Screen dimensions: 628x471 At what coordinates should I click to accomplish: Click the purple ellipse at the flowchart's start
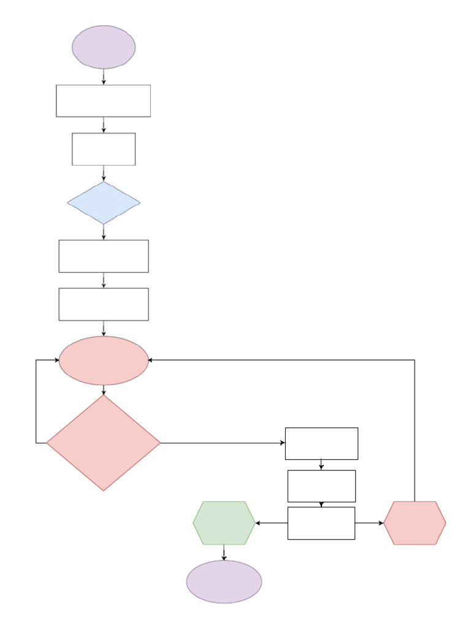pos(104,47)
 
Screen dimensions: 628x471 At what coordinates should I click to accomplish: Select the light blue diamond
pos(104,202)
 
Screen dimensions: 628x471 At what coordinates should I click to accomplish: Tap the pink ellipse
pos(104,361)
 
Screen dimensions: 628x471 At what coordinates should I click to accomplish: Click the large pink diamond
pos(104,443)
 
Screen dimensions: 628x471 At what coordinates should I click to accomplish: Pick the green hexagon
pos(224,523)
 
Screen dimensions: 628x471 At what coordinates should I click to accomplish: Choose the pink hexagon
pos(415,523)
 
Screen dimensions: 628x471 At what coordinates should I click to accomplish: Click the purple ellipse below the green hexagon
pos(224,581)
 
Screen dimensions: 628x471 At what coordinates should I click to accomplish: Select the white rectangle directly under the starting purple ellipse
pos(104,101)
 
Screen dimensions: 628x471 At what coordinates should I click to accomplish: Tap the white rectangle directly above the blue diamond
pos(104,149)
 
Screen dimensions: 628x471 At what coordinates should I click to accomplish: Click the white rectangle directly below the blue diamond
pos(104,256)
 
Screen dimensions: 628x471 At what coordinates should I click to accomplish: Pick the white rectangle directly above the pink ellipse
pos(104,304)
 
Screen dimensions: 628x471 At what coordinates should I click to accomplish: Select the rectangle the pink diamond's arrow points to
pos(321,443)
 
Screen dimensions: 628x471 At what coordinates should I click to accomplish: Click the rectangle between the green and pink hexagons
pos(321,523)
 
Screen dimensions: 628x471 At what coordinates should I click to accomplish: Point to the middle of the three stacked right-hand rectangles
pos(321,486)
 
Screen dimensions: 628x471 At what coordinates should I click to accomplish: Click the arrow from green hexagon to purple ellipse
pos(224,553)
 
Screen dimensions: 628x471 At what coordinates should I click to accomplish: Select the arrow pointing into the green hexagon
pos(271,523)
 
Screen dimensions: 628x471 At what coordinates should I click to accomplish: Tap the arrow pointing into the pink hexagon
pos(369,523)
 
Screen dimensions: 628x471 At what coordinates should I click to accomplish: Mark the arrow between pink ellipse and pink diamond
pos(104,390)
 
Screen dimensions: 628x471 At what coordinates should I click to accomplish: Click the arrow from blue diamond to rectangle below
pos(104,232)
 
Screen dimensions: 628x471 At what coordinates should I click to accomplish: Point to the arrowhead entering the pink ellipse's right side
pos(151,360)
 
